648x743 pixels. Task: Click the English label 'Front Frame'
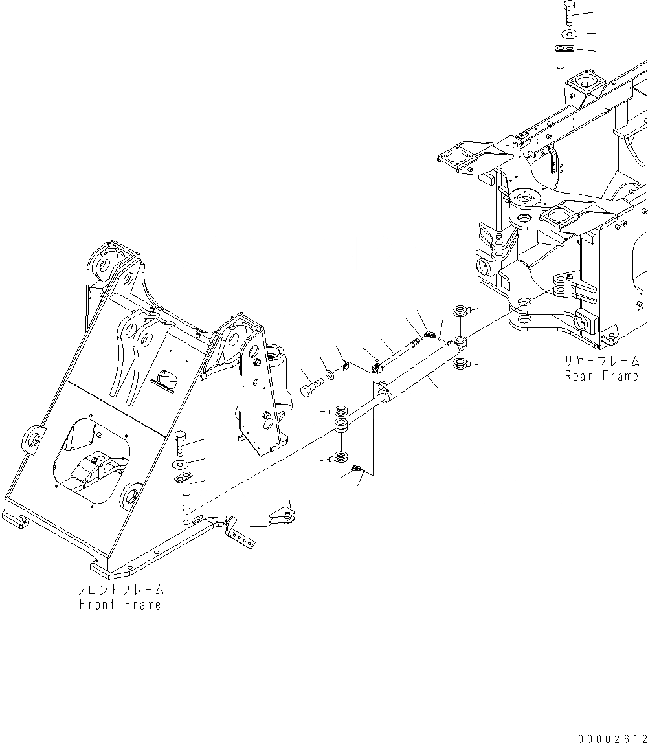tap(120, 604)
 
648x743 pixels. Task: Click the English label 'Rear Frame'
tap(601, 376)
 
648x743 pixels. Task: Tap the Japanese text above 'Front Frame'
tap(120, 590)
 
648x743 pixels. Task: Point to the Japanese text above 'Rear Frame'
tap(602, 361)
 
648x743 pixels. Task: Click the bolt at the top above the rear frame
tap(567, 12)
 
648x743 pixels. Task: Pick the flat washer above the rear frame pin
tap(568, 33)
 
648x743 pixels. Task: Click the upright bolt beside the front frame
tap(180, 444)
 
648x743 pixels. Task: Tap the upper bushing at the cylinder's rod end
tap(338, 410)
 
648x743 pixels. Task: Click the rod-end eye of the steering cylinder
tap(341, 425)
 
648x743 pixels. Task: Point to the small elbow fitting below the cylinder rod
tap(355, 467)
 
